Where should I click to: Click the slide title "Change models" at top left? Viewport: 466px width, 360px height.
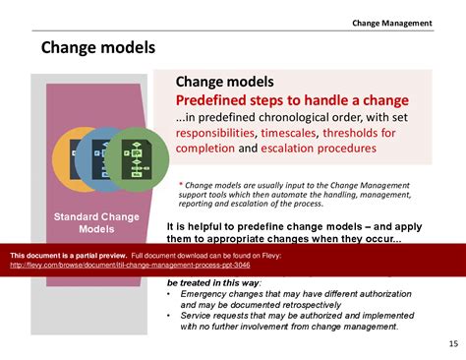98,46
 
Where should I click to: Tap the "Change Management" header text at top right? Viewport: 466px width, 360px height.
392,23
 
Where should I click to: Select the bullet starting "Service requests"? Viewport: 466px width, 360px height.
295,320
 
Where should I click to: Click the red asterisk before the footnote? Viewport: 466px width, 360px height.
181,184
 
